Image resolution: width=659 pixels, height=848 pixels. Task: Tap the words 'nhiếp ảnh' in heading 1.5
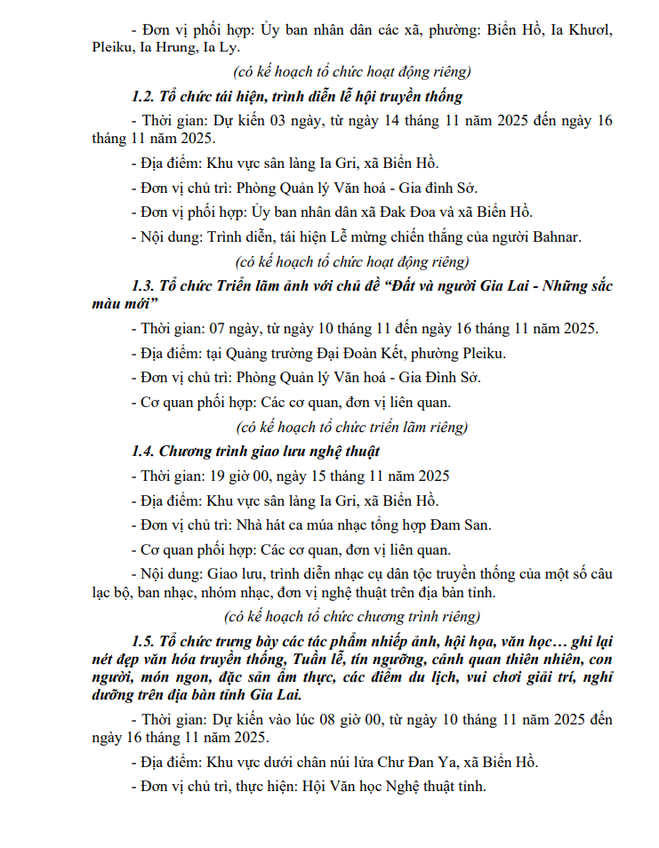tap(356, 641)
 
